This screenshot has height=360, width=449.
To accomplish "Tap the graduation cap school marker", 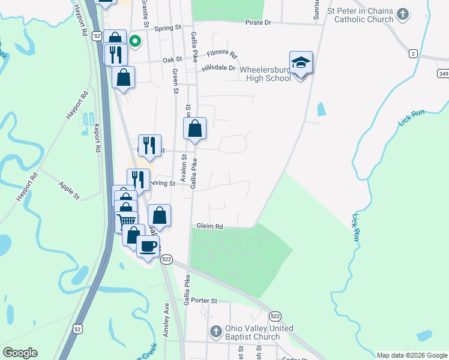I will (x=301, y=63).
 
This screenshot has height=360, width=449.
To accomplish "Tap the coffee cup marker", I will (x=148, y=245).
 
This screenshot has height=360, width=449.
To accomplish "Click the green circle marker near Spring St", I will (x=135, y=41).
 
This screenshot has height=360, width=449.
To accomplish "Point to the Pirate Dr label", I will (x=258, y=22).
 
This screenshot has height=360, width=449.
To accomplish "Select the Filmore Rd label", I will (x=222, y=53).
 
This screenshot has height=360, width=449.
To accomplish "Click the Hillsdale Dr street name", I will (x=218, y=68).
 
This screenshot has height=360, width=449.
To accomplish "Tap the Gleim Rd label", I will (x=210, y=226).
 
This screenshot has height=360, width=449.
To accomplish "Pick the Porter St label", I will (x=204, y=301).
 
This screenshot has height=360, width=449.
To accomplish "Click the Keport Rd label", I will (x=97, y=137).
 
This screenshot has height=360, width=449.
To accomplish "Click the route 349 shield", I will (x=443, y=73).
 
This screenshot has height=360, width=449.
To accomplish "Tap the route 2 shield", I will (x=413, y=54).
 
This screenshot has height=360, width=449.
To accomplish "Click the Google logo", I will (x=20, y=353).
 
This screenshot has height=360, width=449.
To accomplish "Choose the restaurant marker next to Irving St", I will (x=138, y=179).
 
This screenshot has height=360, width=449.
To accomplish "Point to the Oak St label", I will (x=172, y=59).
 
